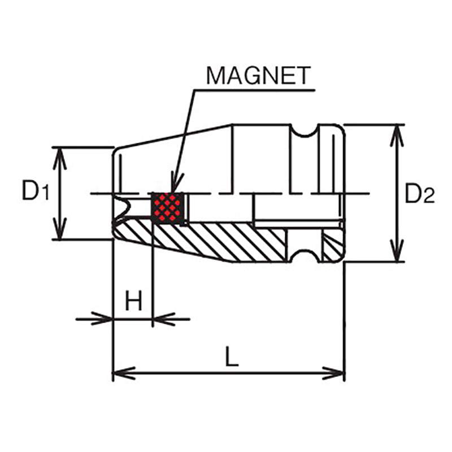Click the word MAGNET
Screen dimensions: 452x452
coord(258,75)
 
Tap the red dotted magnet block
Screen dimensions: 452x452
coord(167,207)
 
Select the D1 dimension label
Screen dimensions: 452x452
coord(35,193)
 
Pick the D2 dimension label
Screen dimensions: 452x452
coord(419,194)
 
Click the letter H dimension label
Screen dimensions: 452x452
coord(133,301)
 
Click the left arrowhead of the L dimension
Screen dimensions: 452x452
coord(122,373)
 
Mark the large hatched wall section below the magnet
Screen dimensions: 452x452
coord(226,240)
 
